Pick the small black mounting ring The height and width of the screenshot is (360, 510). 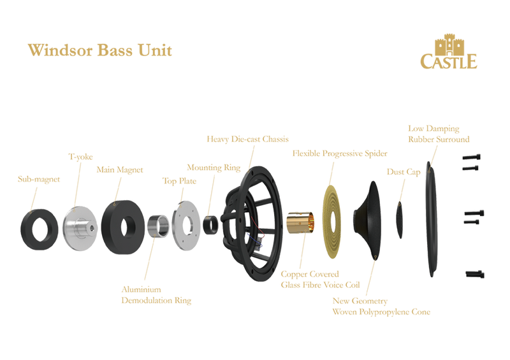point(210,222)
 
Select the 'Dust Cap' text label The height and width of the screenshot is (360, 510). point(397,170)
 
